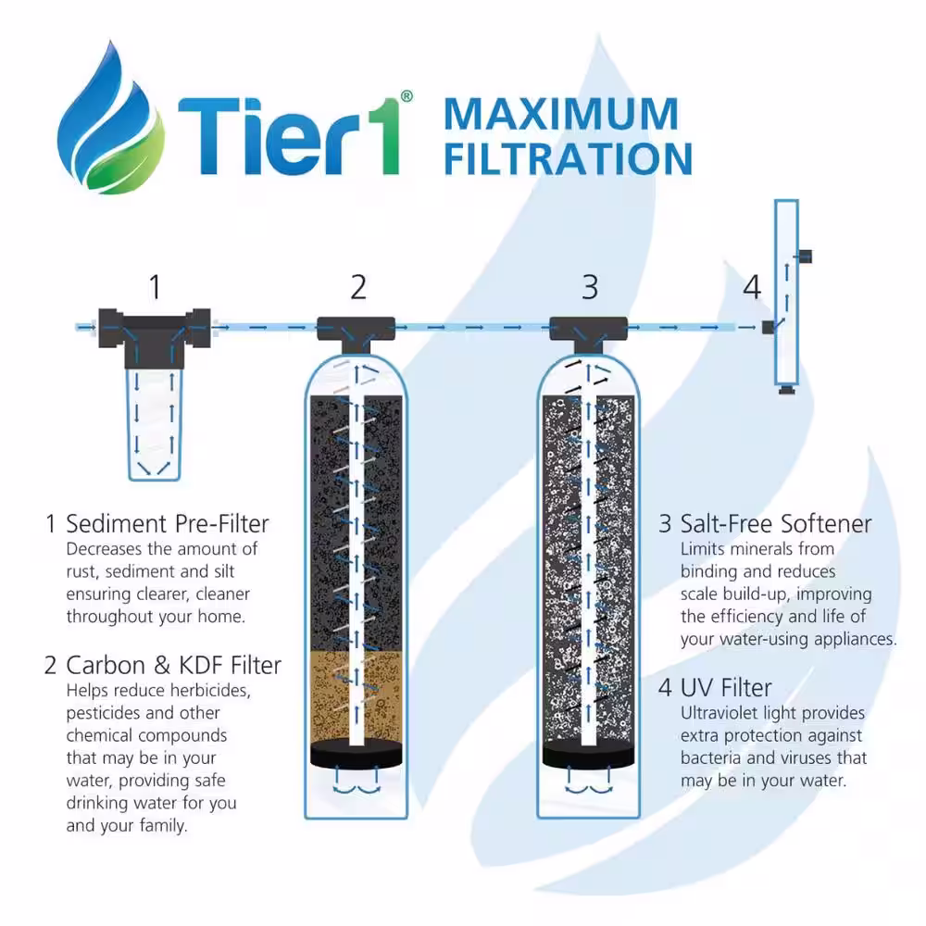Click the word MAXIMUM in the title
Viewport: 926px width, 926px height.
[561, 114]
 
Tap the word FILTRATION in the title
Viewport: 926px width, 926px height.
[569, 158]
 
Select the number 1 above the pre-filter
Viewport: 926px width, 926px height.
[155, 287]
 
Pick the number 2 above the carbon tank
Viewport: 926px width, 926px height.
[358, 287]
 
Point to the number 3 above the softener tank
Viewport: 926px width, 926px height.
[590, 287]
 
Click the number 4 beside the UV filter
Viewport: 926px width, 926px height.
[752, 287]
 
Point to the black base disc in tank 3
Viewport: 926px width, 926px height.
[588, 754]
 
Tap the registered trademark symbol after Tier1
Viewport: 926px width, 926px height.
[407, 96]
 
